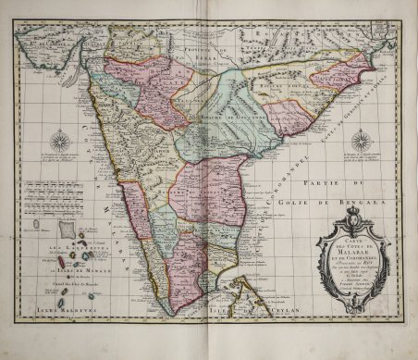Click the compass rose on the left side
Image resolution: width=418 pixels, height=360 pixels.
point(60,141)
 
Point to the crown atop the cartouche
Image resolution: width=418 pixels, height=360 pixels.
point(352,217)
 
